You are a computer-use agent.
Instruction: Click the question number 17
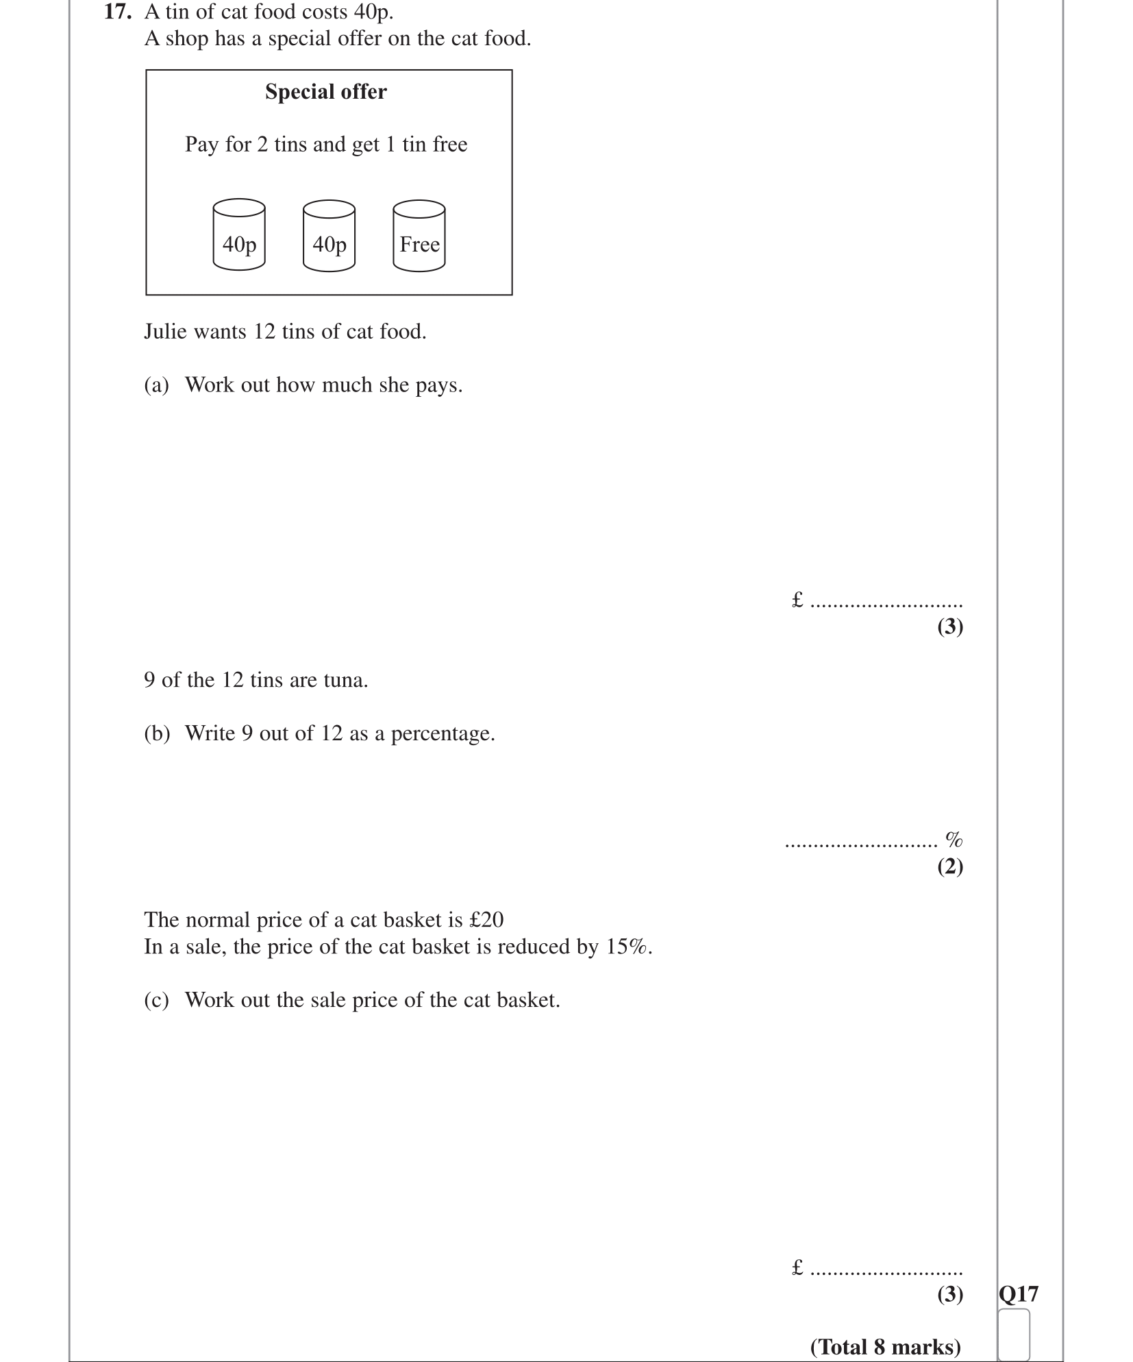(116, 12)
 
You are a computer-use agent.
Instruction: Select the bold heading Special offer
(325, 91)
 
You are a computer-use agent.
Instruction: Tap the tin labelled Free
(419, 236)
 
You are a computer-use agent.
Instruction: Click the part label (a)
(156, 385)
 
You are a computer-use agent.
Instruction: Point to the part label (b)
(156, 733)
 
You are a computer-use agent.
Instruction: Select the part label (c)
(156, 1000)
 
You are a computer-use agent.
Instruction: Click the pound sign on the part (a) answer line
(797, 600)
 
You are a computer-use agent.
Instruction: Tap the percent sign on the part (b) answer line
(954, 838)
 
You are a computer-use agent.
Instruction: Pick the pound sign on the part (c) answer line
(797, 1267)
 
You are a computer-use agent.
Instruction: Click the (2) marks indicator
(950, 866)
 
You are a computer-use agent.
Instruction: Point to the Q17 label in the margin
(1019, 1293)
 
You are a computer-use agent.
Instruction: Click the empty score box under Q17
(1014, 1334)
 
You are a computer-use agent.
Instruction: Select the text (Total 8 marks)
(885, 1346)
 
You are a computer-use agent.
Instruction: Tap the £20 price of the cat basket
(486, 919)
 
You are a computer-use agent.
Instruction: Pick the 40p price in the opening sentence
(373, 12)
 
